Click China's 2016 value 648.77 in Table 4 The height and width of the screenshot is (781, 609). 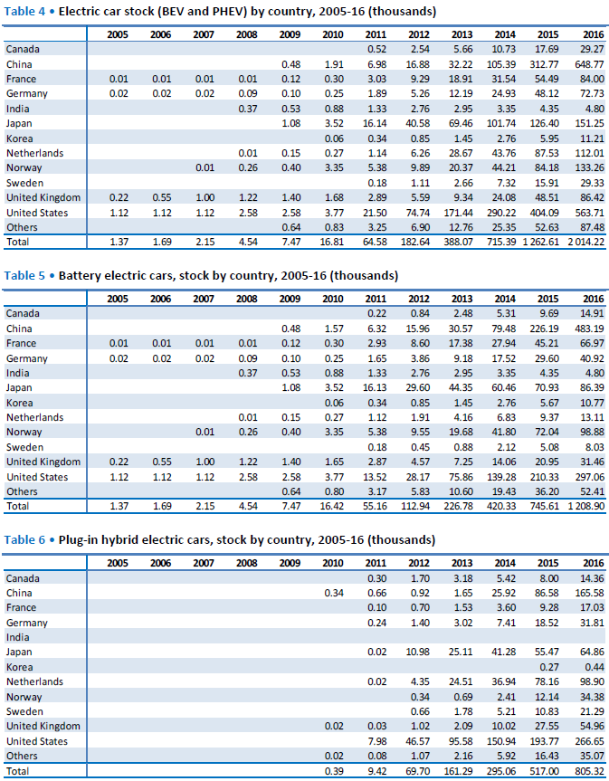(590, 64)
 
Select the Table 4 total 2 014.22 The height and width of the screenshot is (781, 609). (586, 242)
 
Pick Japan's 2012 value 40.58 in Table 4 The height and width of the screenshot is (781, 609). (418, 123)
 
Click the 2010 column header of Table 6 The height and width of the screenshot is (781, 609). (333, 563)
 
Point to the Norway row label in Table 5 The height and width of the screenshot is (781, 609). (24, 432)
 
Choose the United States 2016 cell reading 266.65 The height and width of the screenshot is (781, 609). (590, 741)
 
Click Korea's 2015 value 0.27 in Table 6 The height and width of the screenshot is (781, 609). (549, 667)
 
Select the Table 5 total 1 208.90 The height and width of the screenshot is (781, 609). (586, 506)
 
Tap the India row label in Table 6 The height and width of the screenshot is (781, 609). (17, 637)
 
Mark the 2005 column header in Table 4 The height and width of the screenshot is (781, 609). (118, 34)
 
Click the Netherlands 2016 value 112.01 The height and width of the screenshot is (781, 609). (590, 153)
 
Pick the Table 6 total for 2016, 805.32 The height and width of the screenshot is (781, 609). (590, 771)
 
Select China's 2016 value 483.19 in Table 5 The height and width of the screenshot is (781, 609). (590, 329)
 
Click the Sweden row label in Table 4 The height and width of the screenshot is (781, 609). (25, 183)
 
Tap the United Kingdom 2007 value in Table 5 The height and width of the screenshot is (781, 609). (205, 462)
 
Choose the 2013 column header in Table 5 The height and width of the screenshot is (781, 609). (462, 299)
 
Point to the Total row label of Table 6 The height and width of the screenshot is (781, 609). (17, 771)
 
